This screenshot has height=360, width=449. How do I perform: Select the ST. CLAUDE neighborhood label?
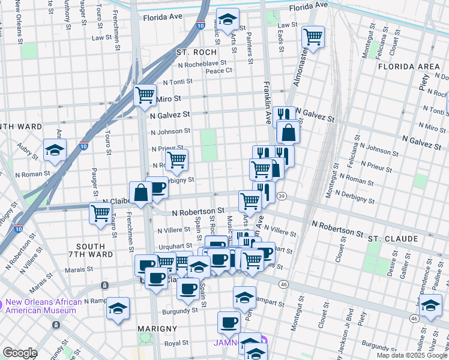point(393,239)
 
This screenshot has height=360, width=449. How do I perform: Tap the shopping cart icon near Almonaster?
point(313,37)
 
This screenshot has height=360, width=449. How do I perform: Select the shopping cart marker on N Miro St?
point(145,94)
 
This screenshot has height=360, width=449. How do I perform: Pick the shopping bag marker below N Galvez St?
point(288,133)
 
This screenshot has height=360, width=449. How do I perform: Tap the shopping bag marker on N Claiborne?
point(141,193)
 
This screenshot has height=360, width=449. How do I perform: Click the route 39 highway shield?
point(282,196)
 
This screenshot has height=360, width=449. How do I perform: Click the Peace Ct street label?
point(218,71)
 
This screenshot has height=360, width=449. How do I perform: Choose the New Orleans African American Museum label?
point(42,306)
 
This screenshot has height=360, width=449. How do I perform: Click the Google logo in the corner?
point(20,353)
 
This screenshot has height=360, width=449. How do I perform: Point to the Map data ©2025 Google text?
point(411,355)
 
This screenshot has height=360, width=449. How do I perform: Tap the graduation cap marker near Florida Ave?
point(227,20)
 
